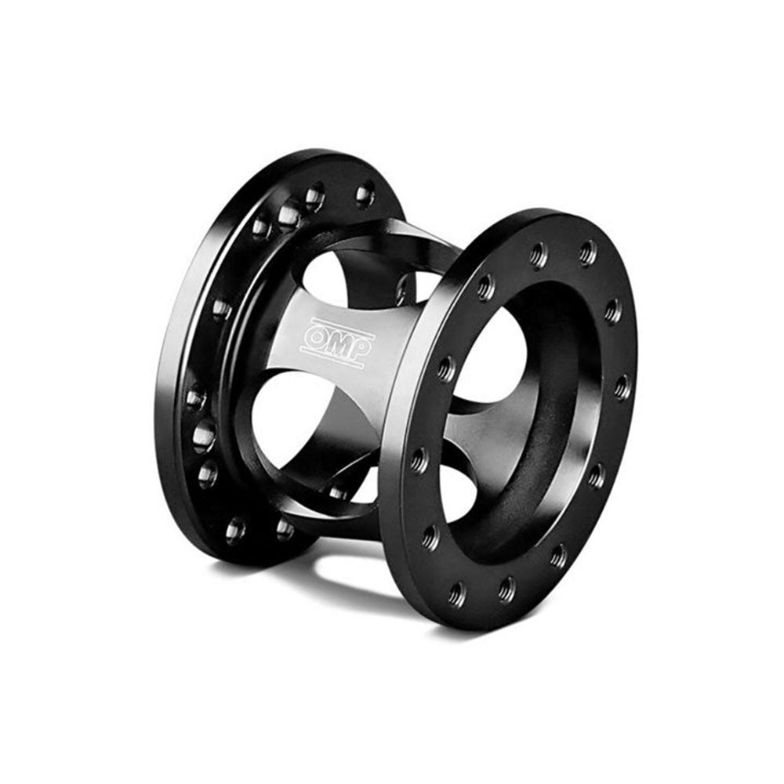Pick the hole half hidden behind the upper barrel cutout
pos(404,289)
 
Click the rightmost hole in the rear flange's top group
pos(365,194)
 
